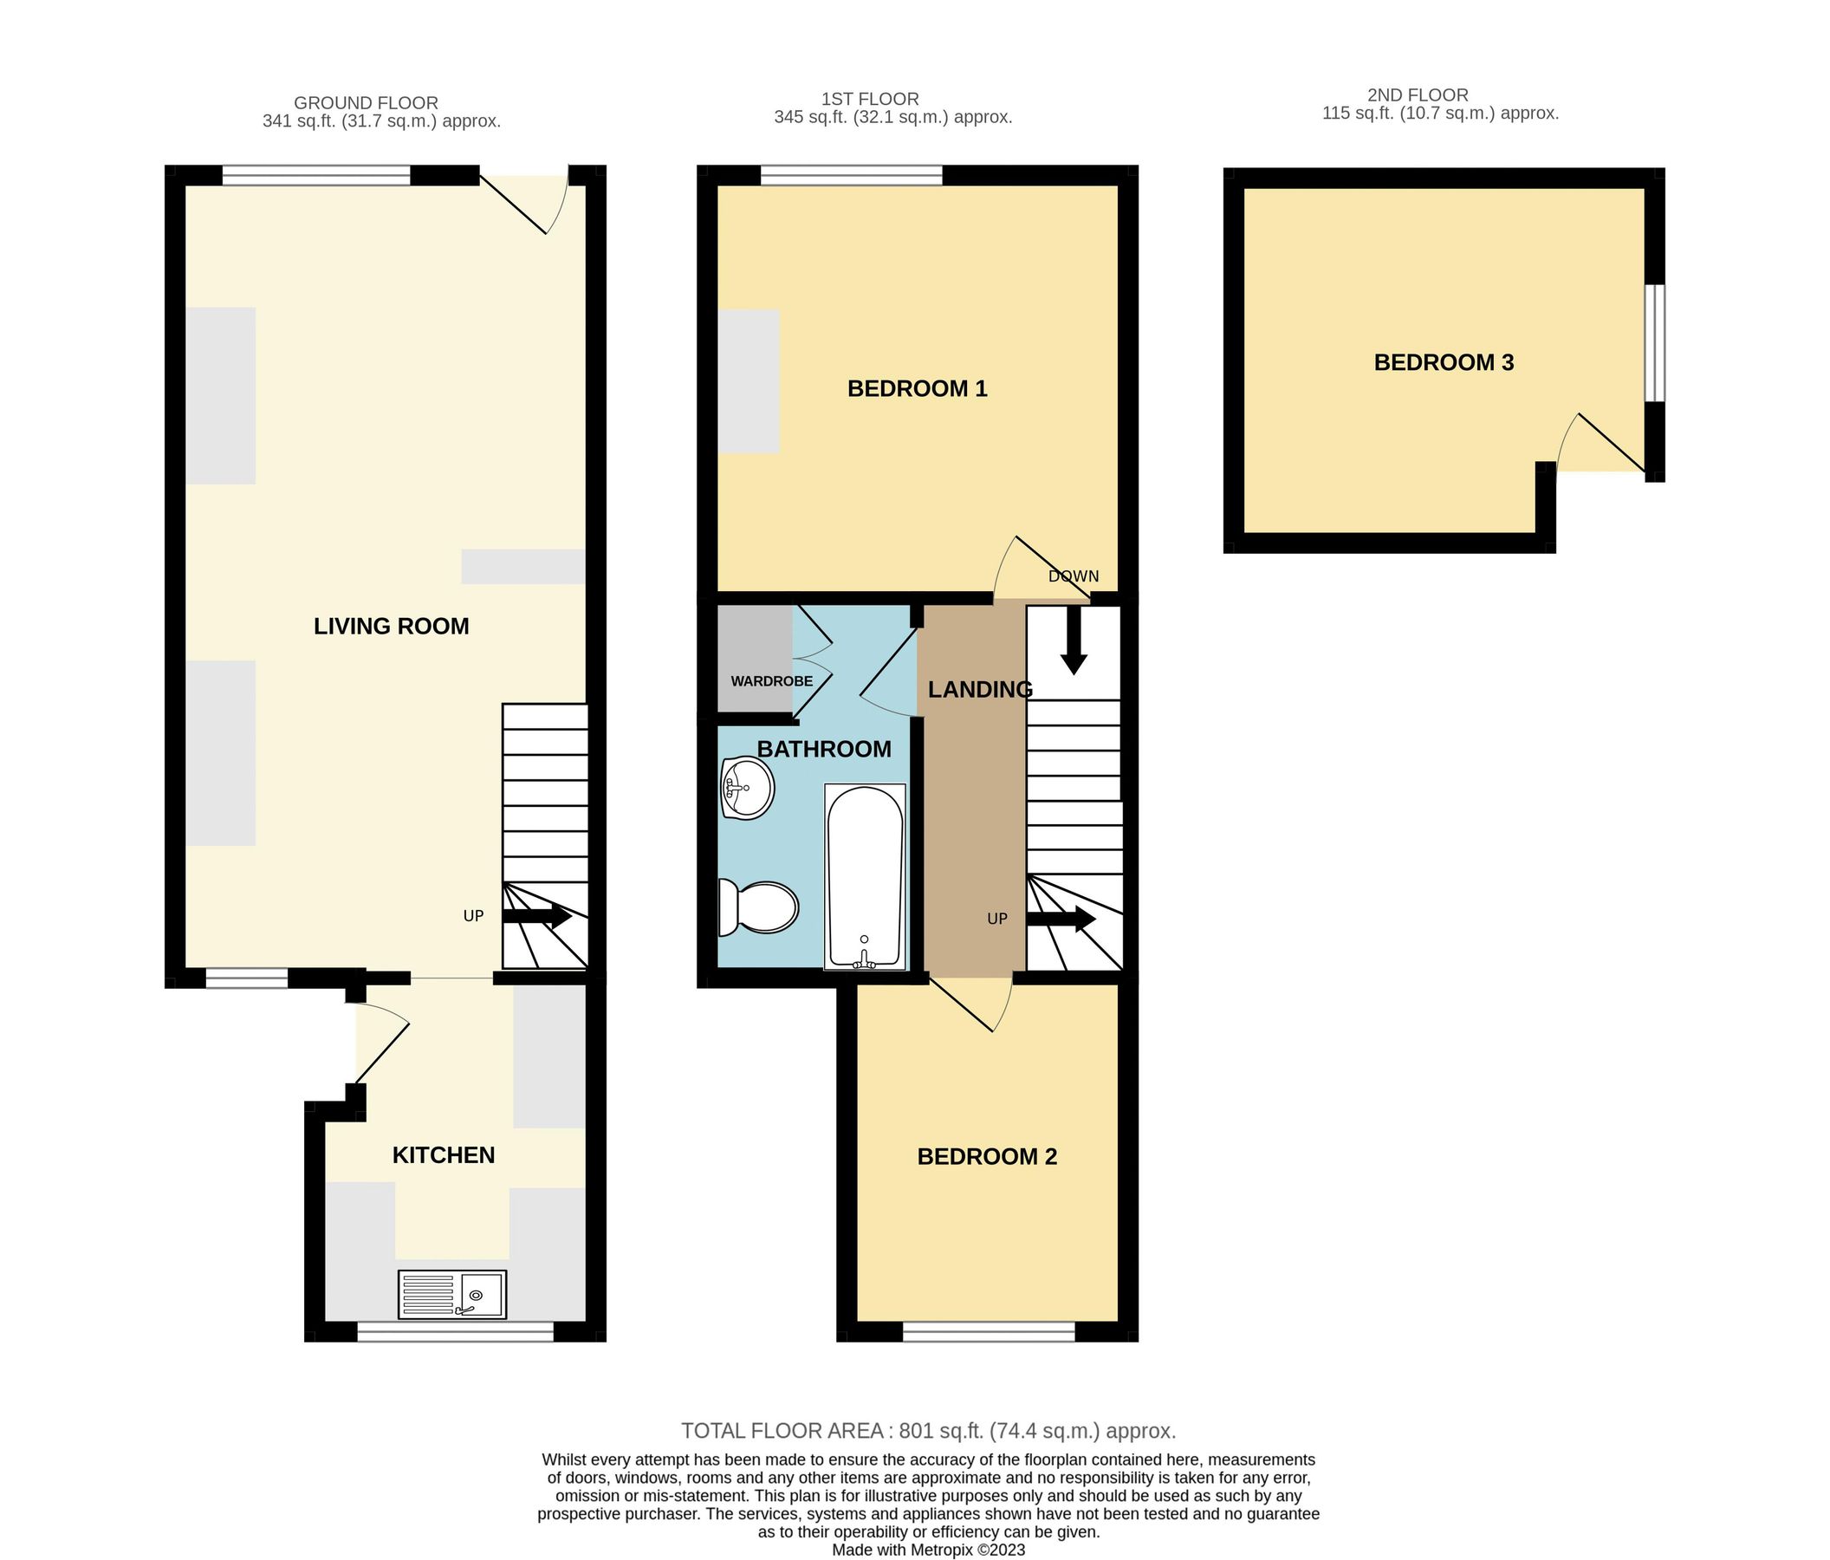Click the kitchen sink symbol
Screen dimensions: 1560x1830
pos(451,1294)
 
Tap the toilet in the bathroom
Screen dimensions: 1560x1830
pos(760,907)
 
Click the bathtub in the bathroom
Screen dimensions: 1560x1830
pos(865,875)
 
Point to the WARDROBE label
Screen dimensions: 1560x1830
pos(771,681)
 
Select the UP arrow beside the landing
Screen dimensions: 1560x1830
pos(1061,919)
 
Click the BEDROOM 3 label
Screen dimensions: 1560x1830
pos(1444,362)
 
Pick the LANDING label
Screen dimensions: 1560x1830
pos(979,689)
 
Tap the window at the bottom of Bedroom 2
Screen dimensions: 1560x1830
pos(989,1331)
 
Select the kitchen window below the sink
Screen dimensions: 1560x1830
pos(455,1331)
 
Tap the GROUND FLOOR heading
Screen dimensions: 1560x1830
pos(366,102)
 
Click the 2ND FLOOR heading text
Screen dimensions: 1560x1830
pos(1417,94)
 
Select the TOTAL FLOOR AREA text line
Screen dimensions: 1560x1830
pos(927,1430)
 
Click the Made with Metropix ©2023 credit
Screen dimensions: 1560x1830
pos(927,1550)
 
